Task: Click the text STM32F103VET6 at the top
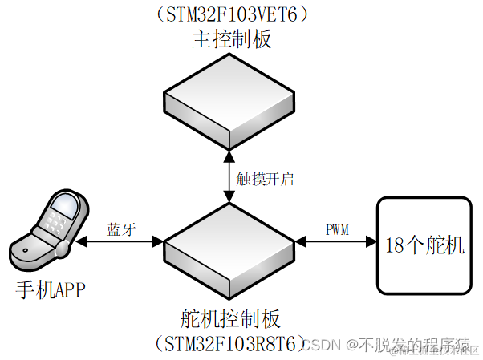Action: pyautogui.click(x=230, y=16)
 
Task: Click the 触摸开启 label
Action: pyautogui.click(x=264, y=179)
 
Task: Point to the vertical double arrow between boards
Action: pyautogui.click(x=230, y=178)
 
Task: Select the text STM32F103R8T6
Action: pyautogui.click(x=230, y=344)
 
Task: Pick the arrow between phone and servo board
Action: pyautogui.click(x=120, y=241)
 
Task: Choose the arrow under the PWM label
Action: pyautogui.click(x=336, y=241)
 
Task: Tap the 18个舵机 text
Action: pyautogui.click(x=424, y=245)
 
